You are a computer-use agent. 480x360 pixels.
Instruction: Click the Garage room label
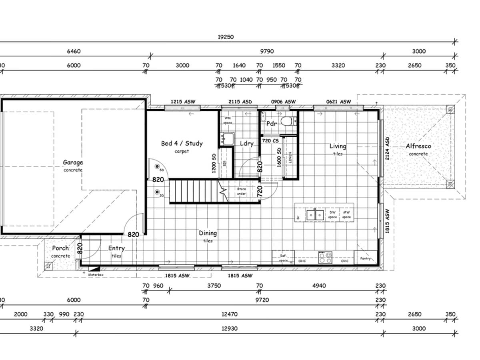pyautogui.click(x=73, y=162)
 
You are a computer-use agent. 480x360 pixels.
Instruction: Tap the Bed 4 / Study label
pyautogui.click(x=182, y=143)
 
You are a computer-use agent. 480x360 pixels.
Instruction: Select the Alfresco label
pyautogui.click(x=418, y=146)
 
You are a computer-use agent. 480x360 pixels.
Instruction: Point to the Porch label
pyautogui.click(x=60, y=248)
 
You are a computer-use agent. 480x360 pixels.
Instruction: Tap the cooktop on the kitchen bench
pyautogui.click(x=325, y=257)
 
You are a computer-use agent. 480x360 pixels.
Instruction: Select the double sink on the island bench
pyautogui.click(x=315, y=215)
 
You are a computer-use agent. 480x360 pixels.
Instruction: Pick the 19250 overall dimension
pyautogui.click(x=226, y=37)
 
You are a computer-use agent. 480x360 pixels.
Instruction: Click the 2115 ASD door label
pyautogui.click(x=240, y=102)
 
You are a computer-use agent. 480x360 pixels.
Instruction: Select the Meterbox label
pyautogui.click(x=96, y=275)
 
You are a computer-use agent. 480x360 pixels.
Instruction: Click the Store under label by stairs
pyautogui.click(x=241, y=191)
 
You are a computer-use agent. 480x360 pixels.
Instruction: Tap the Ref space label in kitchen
pyautogui.click(x=283, y=258)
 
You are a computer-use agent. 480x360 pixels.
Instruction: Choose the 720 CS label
pyautogui.click(x=270, y=141)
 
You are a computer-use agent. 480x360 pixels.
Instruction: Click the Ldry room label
pyautogui.click(x=246, y=143)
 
